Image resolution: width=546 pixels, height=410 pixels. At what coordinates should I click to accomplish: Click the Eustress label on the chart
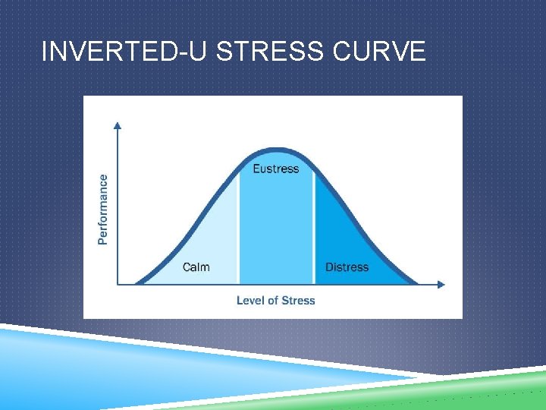275,169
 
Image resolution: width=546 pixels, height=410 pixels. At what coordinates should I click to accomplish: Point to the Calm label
196,267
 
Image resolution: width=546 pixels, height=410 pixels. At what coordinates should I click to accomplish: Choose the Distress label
347,267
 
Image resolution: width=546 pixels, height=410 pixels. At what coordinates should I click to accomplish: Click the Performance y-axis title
103,210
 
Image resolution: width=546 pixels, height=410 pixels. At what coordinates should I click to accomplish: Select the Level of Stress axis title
275,301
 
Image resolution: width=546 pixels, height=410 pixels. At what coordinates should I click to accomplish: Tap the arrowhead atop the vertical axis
117,125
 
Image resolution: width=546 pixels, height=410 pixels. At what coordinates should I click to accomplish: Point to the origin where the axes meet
117,285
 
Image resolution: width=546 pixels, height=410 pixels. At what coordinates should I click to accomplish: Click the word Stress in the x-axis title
298,301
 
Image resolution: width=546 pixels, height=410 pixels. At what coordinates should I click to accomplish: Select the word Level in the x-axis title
251,301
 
